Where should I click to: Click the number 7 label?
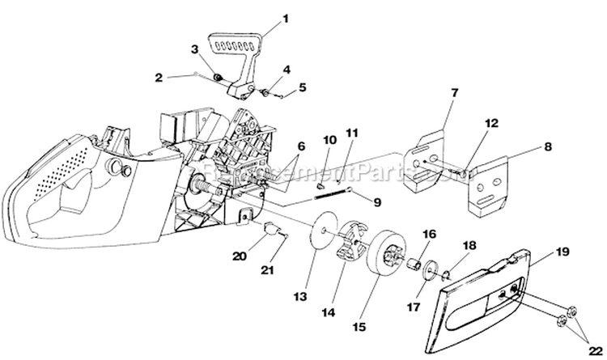pyautogui.click(x=454, y=93)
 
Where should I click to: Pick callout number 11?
pyautogui.click(x=350, y=132)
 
